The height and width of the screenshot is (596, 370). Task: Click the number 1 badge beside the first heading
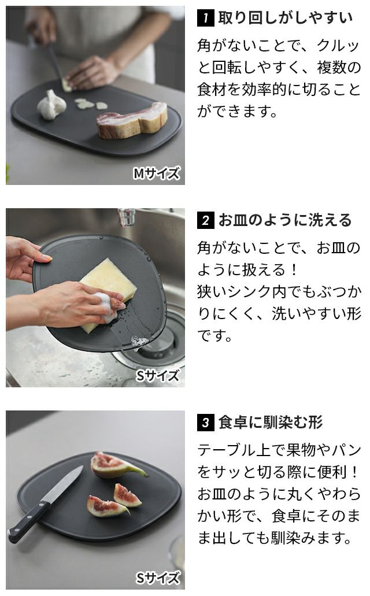[x=206, y=18]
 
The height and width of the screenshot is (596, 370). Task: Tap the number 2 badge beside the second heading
[x=206, y=220]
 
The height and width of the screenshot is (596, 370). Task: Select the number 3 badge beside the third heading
[x=206, y=423]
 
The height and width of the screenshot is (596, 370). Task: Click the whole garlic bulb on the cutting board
[x=51, y=105]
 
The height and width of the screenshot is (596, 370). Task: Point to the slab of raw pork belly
[x=132, y=120]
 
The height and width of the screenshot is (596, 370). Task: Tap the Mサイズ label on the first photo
[x=156, y=173]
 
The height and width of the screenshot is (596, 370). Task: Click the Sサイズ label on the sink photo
[x=157, y=376]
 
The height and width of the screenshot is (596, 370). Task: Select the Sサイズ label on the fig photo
[x=157, y=578]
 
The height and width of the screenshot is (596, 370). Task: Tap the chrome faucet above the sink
[x=127, y=217]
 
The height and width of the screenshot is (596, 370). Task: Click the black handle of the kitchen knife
[x=28, y=522]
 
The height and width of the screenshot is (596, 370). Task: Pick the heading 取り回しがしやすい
[x=286, y=18]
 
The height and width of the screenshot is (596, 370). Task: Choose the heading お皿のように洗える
[x=285, y=220]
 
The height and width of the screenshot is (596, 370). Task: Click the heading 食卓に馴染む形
[x=271, y=423]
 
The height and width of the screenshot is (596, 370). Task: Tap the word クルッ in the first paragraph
[x=338, y=46]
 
